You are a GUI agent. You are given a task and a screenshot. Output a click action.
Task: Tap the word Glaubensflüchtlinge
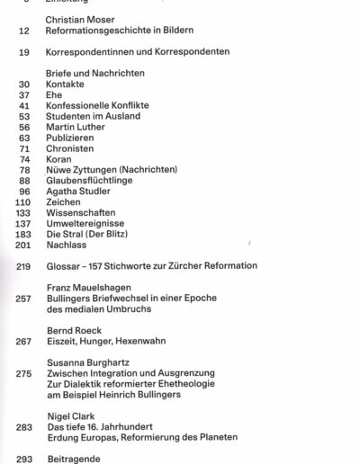(88, 182)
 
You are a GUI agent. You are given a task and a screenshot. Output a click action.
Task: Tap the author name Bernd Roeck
(73, 331)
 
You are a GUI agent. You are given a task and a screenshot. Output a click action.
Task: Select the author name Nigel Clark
(68, 416)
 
